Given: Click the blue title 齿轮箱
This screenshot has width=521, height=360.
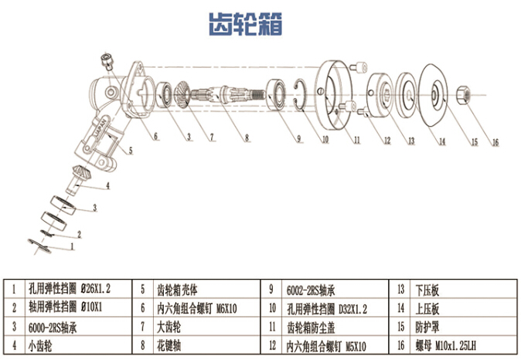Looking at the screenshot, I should click(246, 24).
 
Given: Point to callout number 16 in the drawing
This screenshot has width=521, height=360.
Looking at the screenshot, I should click(495, 142).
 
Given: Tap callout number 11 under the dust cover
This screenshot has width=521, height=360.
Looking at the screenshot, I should click(356, 141).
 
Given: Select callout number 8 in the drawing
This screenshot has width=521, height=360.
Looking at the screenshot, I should click(246, 140).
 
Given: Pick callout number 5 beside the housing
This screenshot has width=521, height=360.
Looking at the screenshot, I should click(130, 149).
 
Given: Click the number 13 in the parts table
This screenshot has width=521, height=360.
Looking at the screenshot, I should click(401, 290).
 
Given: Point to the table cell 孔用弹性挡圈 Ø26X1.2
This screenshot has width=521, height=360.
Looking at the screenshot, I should click(70, 290).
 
